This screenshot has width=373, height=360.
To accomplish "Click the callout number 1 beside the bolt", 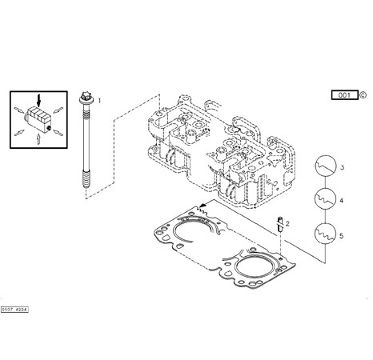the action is click(99, 101).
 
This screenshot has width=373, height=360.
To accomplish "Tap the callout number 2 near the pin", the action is click(287, 224).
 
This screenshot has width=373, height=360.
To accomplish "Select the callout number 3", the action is click(343, 167).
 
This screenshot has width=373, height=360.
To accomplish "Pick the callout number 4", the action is click(342, 201).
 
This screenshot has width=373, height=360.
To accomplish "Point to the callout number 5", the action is click(342, 236).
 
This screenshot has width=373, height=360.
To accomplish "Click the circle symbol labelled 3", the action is click(326, 166).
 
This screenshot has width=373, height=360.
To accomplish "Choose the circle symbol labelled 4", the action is click(325, 199).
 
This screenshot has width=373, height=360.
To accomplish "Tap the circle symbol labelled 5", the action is click(325, 233).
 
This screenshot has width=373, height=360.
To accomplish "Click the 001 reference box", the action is click(345, 95).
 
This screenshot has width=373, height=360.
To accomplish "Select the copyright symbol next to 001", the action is click(363, 95).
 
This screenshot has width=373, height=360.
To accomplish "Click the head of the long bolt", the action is click(86, 98).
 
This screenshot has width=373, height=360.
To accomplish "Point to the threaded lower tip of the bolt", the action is click(86, 181).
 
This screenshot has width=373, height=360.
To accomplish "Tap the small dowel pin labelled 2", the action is click(280, 224).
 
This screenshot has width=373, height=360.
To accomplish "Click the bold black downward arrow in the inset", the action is click(39, 100).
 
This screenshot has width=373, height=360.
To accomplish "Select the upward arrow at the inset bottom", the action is click(38, 139).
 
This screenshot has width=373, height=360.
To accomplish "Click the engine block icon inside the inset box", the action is click(38, 119).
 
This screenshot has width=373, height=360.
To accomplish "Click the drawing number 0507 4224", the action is click(14, 310).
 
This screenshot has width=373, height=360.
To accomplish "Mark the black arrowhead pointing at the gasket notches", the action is click(203, 205).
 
